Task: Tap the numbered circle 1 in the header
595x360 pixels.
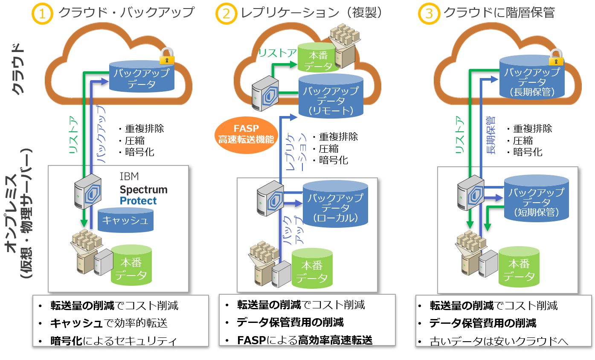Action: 42,13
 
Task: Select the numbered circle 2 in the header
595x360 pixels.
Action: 226,13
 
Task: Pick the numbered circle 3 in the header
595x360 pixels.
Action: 429,13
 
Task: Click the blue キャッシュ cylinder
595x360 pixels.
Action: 125,220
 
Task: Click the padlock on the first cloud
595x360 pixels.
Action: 167,56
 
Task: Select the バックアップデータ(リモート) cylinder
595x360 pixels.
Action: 331,96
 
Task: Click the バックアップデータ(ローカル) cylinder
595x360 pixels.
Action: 335,203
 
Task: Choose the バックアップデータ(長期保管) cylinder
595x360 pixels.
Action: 531,78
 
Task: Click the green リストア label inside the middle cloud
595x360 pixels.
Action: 277,53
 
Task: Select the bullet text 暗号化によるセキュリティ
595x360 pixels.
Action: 113,340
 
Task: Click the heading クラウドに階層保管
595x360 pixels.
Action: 499,13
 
